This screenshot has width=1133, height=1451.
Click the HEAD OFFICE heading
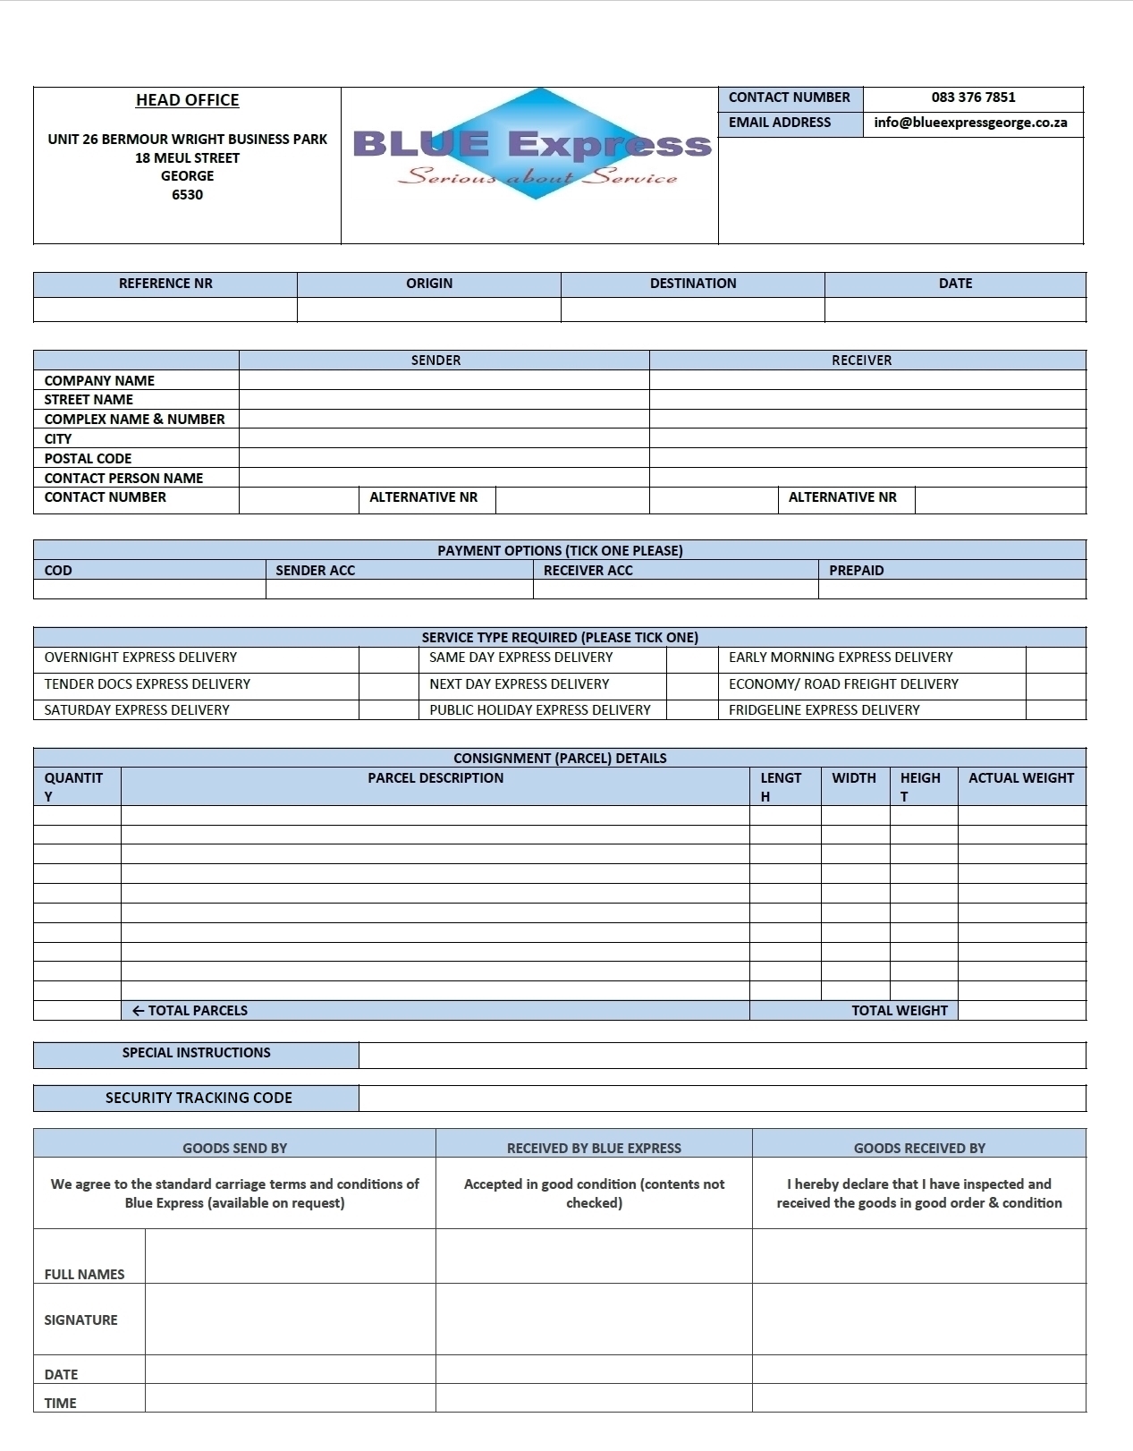coord(187,100)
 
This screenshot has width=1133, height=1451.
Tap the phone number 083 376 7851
coord(973,98)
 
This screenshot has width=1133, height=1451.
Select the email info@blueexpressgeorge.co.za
coord(970,123)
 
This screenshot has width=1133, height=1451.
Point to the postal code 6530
coord(187,195)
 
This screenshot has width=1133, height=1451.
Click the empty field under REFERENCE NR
coord(165,310)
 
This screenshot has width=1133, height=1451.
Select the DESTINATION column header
coord(693,284)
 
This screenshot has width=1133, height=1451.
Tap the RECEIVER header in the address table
coord(861,361)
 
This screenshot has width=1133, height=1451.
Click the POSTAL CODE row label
coord(88,458)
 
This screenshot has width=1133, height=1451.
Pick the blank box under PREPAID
coord(951,590)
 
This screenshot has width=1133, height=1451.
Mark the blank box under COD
coord(149,590)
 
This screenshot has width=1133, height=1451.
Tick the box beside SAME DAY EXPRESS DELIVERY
coord(691,658)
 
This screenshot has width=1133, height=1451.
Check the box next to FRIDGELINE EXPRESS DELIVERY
coord(1055,710)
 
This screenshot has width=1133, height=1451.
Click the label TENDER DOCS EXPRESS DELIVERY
coord(148,684)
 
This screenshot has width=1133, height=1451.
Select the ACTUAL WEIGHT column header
coord(1021,778)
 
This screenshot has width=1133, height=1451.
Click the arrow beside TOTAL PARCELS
coord(138,1011)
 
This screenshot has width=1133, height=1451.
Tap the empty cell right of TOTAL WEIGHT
coord(1021,1011)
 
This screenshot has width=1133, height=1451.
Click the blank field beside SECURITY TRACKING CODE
coord(722,1099)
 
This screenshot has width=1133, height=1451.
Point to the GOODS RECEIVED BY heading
coord(919,1149)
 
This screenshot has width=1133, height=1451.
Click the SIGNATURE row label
coord(80,1320)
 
